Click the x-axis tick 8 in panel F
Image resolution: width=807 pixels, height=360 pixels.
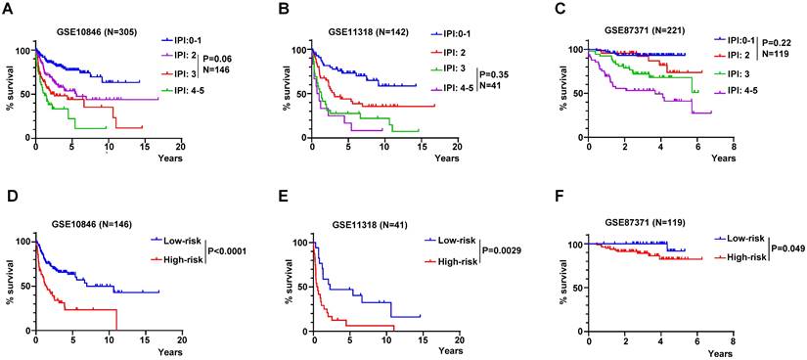pos(732,341)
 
